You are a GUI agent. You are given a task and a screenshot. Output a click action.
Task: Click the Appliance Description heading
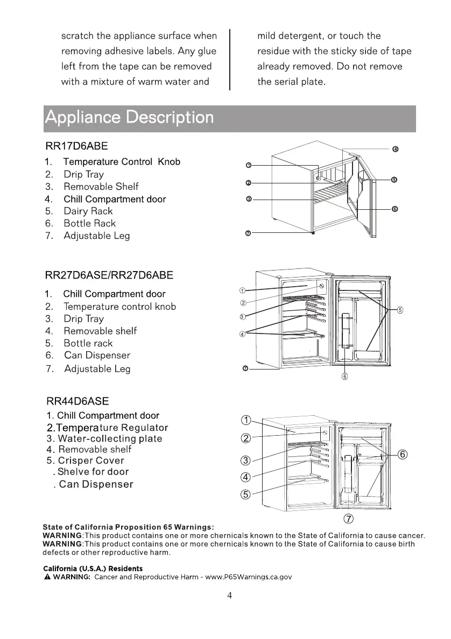pos(129,118)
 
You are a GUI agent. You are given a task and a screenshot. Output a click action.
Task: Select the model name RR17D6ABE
pos(76,146)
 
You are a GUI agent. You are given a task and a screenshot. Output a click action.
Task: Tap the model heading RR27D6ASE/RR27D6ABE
pos(109,275)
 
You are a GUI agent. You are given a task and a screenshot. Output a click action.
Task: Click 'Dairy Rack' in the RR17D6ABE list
pos(88,211)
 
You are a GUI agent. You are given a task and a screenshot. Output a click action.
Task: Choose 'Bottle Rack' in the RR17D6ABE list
pos(89,223)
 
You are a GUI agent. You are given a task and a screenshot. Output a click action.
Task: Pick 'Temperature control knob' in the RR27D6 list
pos(119,307)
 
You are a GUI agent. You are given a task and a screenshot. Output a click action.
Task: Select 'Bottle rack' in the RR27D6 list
pos(88,343)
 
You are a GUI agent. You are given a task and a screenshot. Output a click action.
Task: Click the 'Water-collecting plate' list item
pos(110,438)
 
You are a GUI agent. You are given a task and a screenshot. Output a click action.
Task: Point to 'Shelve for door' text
pos(93,472)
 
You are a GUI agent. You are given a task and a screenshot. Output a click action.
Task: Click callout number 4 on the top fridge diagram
pos(394,149)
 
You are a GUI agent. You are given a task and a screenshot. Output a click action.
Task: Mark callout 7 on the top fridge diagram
pos(248,233)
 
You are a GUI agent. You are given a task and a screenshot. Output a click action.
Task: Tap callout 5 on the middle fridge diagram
pos(400,310)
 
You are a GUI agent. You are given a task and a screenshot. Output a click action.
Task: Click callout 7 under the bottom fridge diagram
pos(348,519)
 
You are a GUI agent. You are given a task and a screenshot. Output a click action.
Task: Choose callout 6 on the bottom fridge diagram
pos(403,455)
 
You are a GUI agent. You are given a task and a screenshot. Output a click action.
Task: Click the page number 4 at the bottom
pos(230,595)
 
